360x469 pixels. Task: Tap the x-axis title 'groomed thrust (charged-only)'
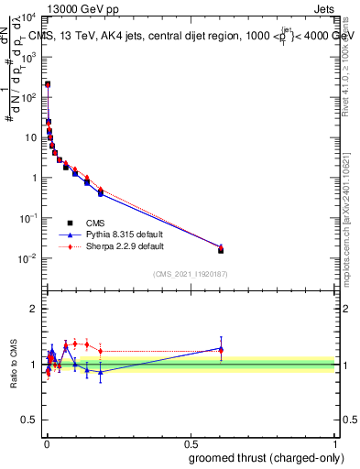tap(267, 457)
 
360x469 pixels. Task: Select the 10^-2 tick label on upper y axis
tap(29, 258)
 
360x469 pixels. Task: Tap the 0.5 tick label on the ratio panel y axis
tap(30, 421)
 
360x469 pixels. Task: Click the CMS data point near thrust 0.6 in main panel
tap(221, 250)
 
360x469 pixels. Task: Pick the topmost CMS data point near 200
tap(48, 84)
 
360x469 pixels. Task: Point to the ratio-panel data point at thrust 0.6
tap(221, 349)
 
